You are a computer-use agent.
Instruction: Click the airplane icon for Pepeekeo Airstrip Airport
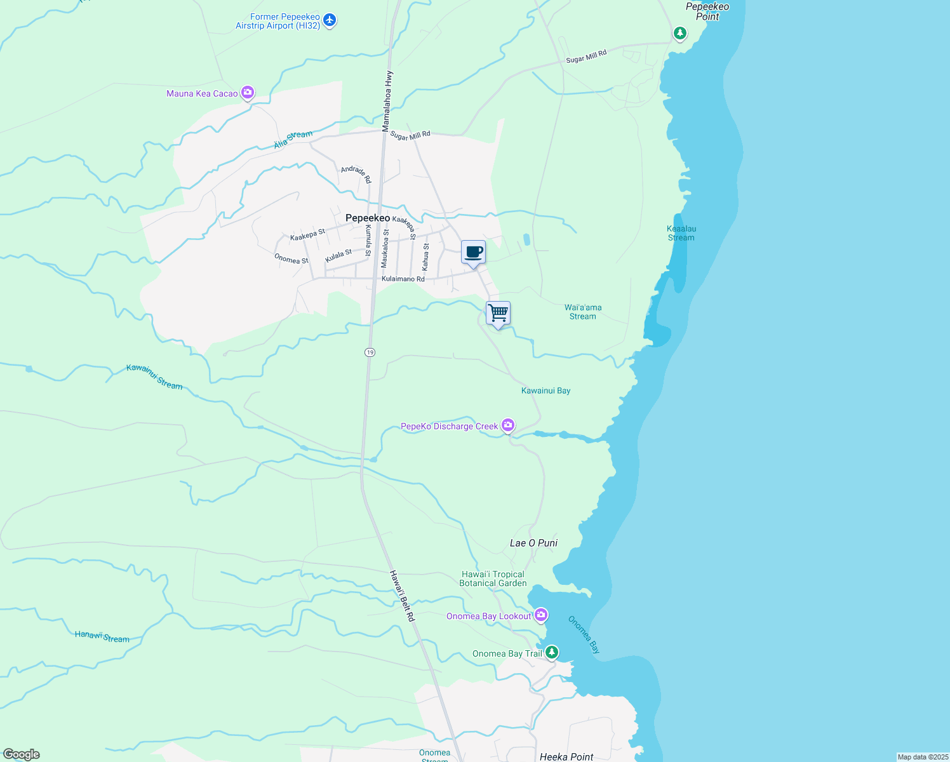pyautogui.click(x=329, y=20)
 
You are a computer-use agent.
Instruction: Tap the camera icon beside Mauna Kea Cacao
pyautogui.click(x=248, y=93)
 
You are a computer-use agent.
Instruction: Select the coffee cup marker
pyautogui.click(x=473, y=252)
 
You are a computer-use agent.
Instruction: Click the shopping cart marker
pyautogui.click(x=498, y=313)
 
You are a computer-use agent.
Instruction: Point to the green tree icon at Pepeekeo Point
pyautogui.click(x=679, y=33)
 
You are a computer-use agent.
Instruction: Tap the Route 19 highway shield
pyautogui.click(x=370, y=352)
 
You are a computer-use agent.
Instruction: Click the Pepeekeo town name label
pyautogui.click(x=368, y=218)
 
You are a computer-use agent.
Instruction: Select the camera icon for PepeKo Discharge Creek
pyautogui.click(x=508, y=425)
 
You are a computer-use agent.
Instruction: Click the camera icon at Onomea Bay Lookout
pyautogui.click(x=541, y=615)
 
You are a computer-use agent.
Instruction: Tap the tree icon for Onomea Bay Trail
pyautogui.click(x=552, y=652)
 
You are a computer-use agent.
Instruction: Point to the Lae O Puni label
pyautogui.click(x=533, y=543)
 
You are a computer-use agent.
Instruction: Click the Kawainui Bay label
pyautogui.click(x=545, y=391)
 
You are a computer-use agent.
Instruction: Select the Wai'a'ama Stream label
pyautogui.click(x=583, y=312)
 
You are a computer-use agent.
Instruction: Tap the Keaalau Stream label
pyautogui.click(x=681, y=233)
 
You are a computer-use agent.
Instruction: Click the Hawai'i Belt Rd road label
pyautogui.click(x=402, y=596)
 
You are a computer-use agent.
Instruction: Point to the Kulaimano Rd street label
pyautogui.click(x=403, y=279)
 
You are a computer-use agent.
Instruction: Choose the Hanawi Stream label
pyautogui.click(x=102, y=636)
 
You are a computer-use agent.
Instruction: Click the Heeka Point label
pyautogui.click(x=566, y=756)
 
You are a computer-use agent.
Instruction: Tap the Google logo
pyautogui.click(x=21, y=754)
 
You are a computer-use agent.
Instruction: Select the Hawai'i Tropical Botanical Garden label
pyautogui.click(x=493, y=578)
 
